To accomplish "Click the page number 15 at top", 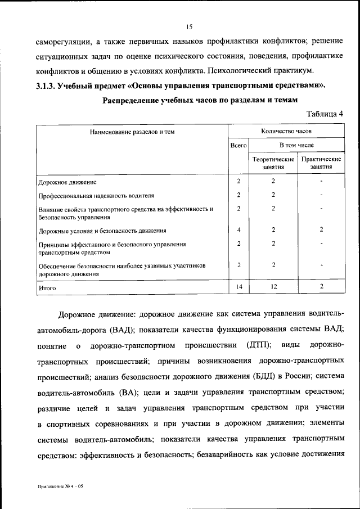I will (x=190, y=26).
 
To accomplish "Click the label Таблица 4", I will (x=325, y=114).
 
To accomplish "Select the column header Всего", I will (x=238, y=145).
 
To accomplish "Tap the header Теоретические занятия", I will (x=273, y=163).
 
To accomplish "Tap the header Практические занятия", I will (x=321, y=163).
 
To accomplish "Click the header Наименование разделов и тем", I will (x=132, y=132).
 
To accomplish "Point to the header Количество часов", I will (x=286, y=131).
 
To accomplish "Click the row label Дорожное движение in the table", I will (x=67, y=182).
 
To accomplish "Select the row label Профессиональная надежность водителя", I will (x=96, y=195).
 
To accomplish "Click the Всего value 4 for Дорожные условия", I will (x=238, y=230).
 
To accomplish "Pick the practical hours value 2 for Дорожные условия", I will (x=321, y=230).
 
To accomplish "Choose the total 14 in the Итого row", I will (x=238, y=287).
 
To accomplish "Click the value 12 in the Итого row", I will (x=273, y=287).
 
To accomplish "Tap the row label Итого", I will (x=48, y=287).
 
